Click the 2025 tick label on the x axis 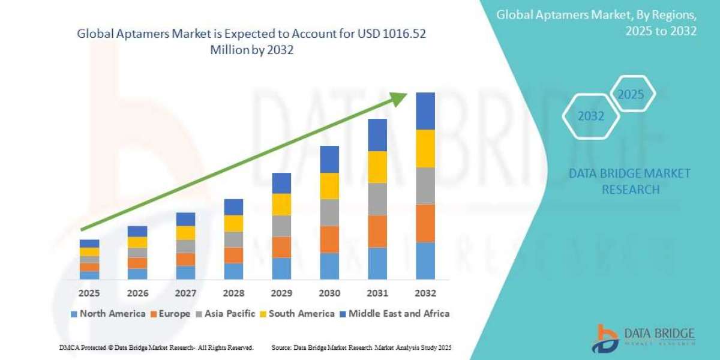tap(89, 293)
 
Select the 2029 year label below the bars tap(281, 293)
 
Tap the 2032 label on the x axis tap(425, 293)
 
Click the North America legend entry tap(107, 313)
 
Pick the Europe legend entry tap(170, 313)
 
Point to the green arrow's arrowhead tap(401, 98)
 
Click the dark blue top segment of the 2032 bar tap(425, 111)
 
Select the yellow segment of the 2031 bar tap(377, 167)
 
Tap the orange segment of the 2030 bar tap(329, 239)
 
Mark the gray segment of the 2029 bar tap(281, 226)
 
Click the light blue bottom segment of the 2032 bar tap(425, 260)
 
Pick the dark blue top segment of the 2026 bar tap(137, 231)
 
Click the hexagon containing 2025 tap(631, 94)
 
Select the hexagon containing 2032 tap(590, 116)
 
